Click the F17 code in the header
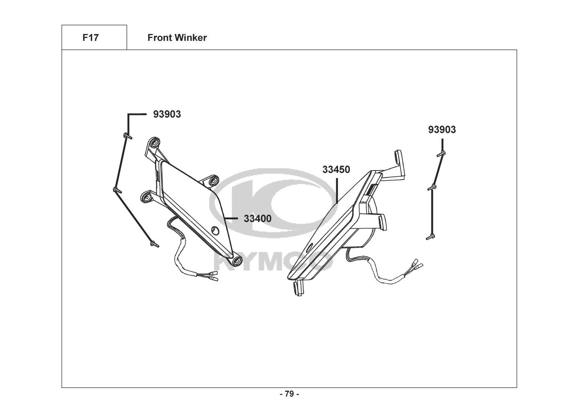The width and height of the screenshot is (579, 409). coord(90,38)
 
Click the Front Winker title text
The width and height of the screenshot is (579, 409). coord(177,38)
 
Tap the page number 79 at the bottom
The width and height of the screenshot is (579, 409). coord(289,394)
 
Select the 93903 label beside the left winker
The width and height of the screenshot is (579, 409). coord(167,114)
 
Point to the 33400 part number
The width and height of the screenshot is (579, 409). coord(257,218)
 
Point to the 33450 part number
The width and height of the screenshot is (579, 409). coord(336,169)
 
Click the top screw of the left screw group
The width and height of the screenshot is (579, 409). coord(127,135)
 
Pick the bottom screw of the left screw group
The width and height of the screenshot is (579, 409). coord(154,244)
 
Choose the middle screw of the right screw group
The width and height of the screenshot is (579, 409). coord(432,188)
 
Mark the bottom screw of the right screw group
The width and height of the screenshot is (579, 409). coord(430,236)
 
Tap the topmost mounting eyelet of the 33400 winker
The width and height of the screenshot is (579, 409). coord(154,143)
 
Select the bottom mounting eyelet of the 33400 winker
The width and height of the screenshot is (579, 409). coord(236,261)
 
